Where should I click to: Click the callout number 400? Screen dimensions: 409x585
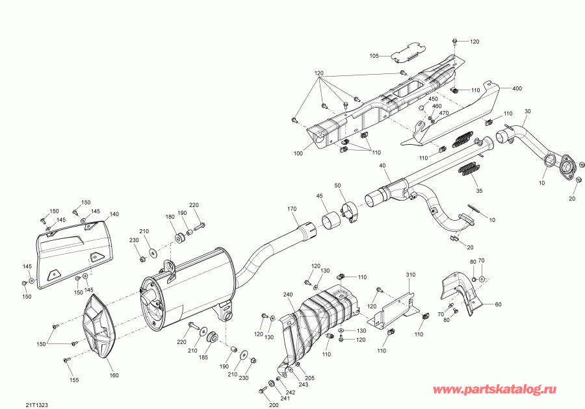pyautogui.click(x=517, y=88)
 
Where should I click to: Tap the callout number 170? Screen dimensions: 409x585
pyautogui.click(x=292, y=208)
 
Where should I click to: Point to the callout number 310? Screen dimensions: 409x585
pyautogui.click(x=409, y=275)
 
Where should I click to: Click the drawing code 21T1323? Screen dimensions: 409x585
pyautogui.click(x=37, y=404)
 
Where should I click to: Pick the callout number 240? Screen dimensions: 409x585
pyautogui.click(x=289, y=294)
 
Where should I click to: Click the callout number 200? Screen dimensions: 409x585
pyautogui.click(x=274, y=404)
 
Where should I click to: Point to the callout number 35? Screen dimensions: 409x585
pyautogui.click(x=480, y=192)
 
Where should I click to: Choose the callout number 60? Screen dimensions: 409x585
pyautogui.click(x=499, y=304)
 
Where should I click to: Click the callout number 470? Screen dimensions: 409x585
pyautogui.click(x=445, y=114)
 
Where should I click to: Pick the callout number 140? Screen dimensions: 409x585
pyautogui.click(x=114, y=214)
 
